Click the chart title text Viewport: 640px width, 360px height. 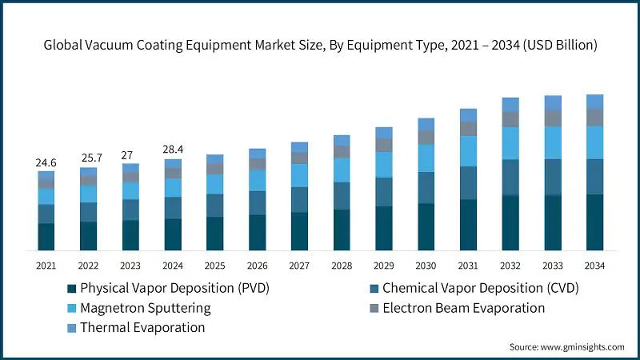[x=320, y=46]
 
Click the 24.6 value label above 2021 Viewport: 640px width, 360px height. [x=46, y=162]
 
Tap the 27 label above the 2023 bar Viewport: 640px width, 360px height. [x=130, y=155]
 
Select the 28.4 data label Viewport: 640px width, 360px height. [x=173, y=150]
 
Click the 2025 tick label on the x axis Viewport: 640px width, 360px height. [x=214, y=265]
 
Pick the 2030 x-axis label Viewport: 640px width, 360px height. [x=426, y=265]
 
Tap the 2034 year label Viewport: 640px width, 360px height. [x=594, y=265]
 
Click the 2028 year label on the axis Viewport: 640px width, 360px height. [x=342, y=265]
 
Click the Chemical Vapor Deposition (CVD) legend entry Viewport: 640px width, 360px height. [x=480, y=288]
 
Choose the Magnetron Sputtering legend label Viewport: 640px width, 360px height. [x=146, y=308]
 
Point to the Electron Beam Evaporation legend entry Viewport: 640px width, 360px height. [x=463, y=308]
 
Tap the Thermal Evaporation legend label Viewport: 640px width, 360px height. [x=142, y=328]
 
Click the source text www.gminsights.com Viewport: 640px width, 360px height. [x=566, y=346]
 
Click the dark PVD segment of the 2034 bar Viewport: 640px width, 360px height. [x=594, y=222]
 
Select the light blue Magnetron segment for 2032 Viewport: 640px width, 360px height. [x=510, y=143]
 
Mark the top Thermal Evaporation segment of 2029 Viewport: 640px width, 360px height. [x=384, y=132]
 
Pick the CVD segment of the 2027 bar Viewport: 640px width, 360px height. [x=299, y=199]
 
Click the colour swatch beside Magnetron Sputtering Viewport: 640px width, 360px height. [x=72, y=308]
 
